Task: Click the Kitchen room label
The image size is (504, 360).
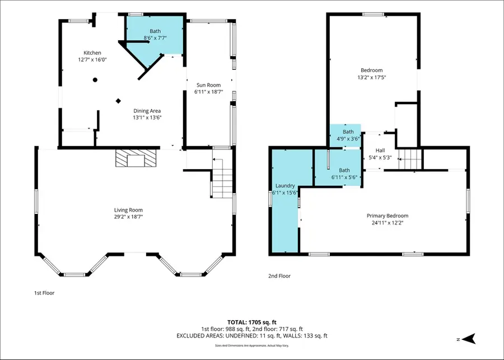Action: (x=92, y=53)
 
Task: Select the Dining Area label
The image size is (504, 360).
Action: (x=147, y=111)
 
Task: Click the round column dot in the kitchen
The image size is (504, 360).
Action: (x=95, y=80)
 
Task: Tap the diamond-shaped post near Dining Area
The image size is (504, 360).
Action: (x=118, y=101)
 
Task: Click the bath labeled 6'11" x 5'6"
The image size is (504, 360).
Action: (x=344, y=174)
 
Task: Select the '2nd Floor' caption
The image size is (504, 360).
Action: (x=279, y=275)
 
